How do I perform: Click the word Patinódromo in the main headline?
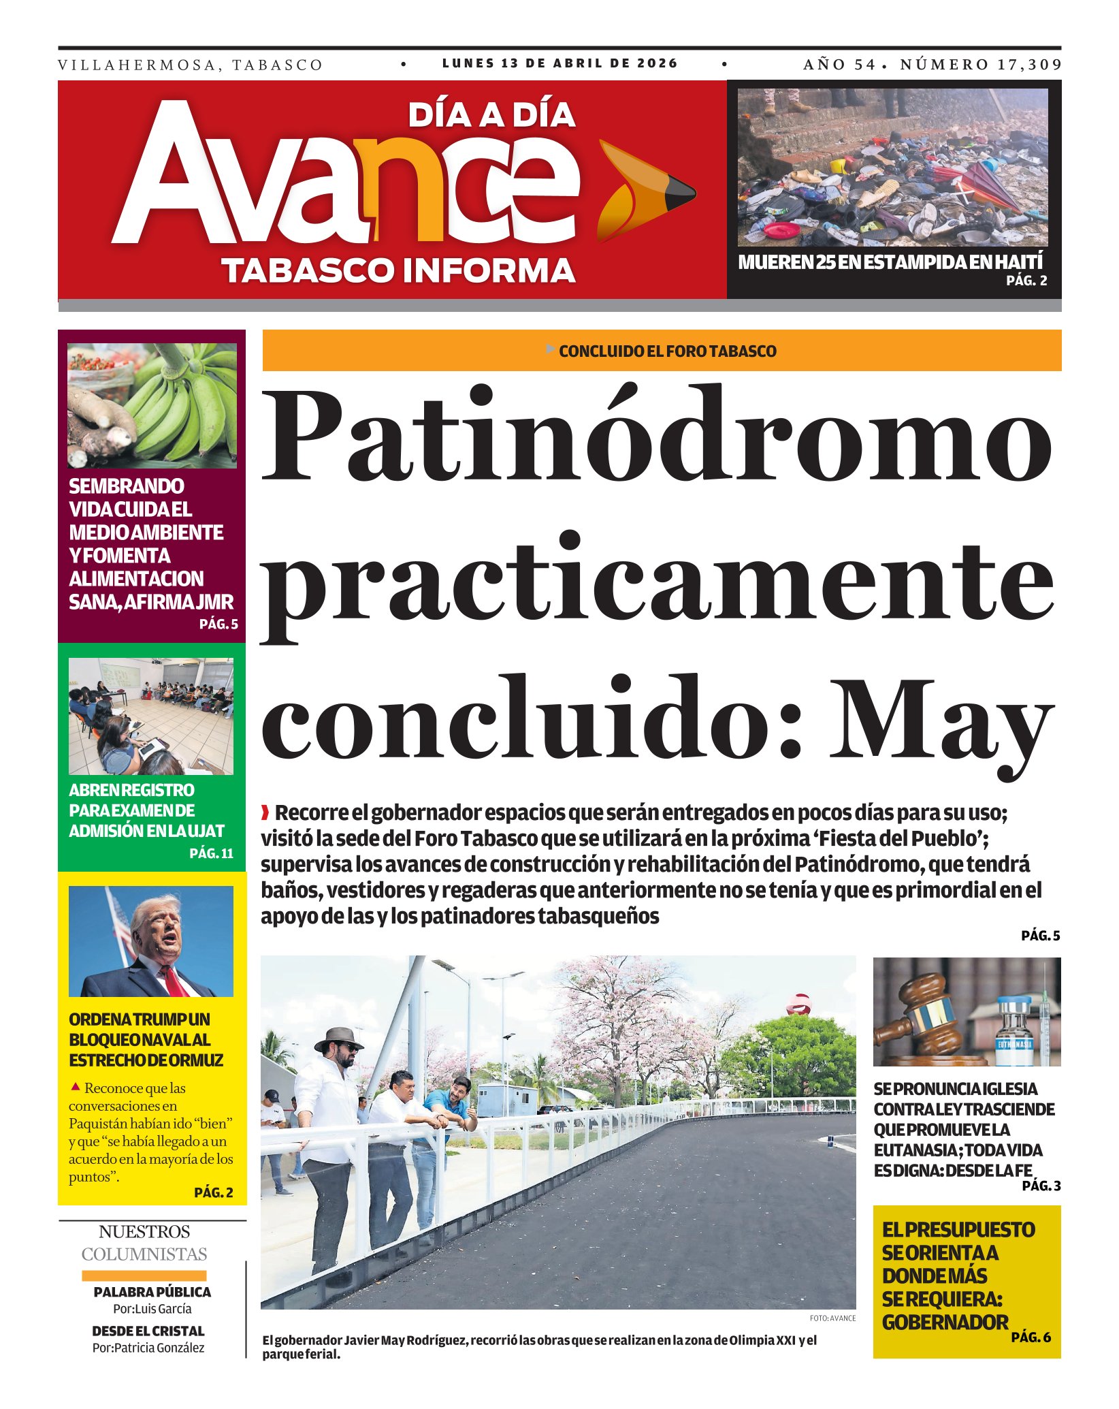click(657, 436)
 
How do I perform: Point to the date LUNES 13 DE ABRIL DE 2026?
click(559, 63)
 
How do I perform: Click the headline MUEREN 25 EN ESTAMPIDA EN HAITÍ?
click(890, 262)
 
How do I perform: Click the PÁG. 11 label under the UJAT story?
click(211, 853)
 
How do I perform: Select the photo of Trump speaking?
click(151, 941)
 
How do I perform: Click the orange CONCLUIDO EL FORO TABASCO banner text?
click(667, 351)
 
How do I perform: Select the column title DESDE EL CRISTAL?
click(148, 1331)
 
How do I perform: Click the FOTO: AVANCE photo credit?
click(832, 1318)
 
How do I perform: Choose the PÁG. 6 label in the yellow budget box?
click(1031, 1337)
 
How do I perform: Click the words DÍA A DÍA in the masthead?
click(491, 116)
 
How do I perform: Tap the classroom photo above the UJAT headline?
click(151, 716)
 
